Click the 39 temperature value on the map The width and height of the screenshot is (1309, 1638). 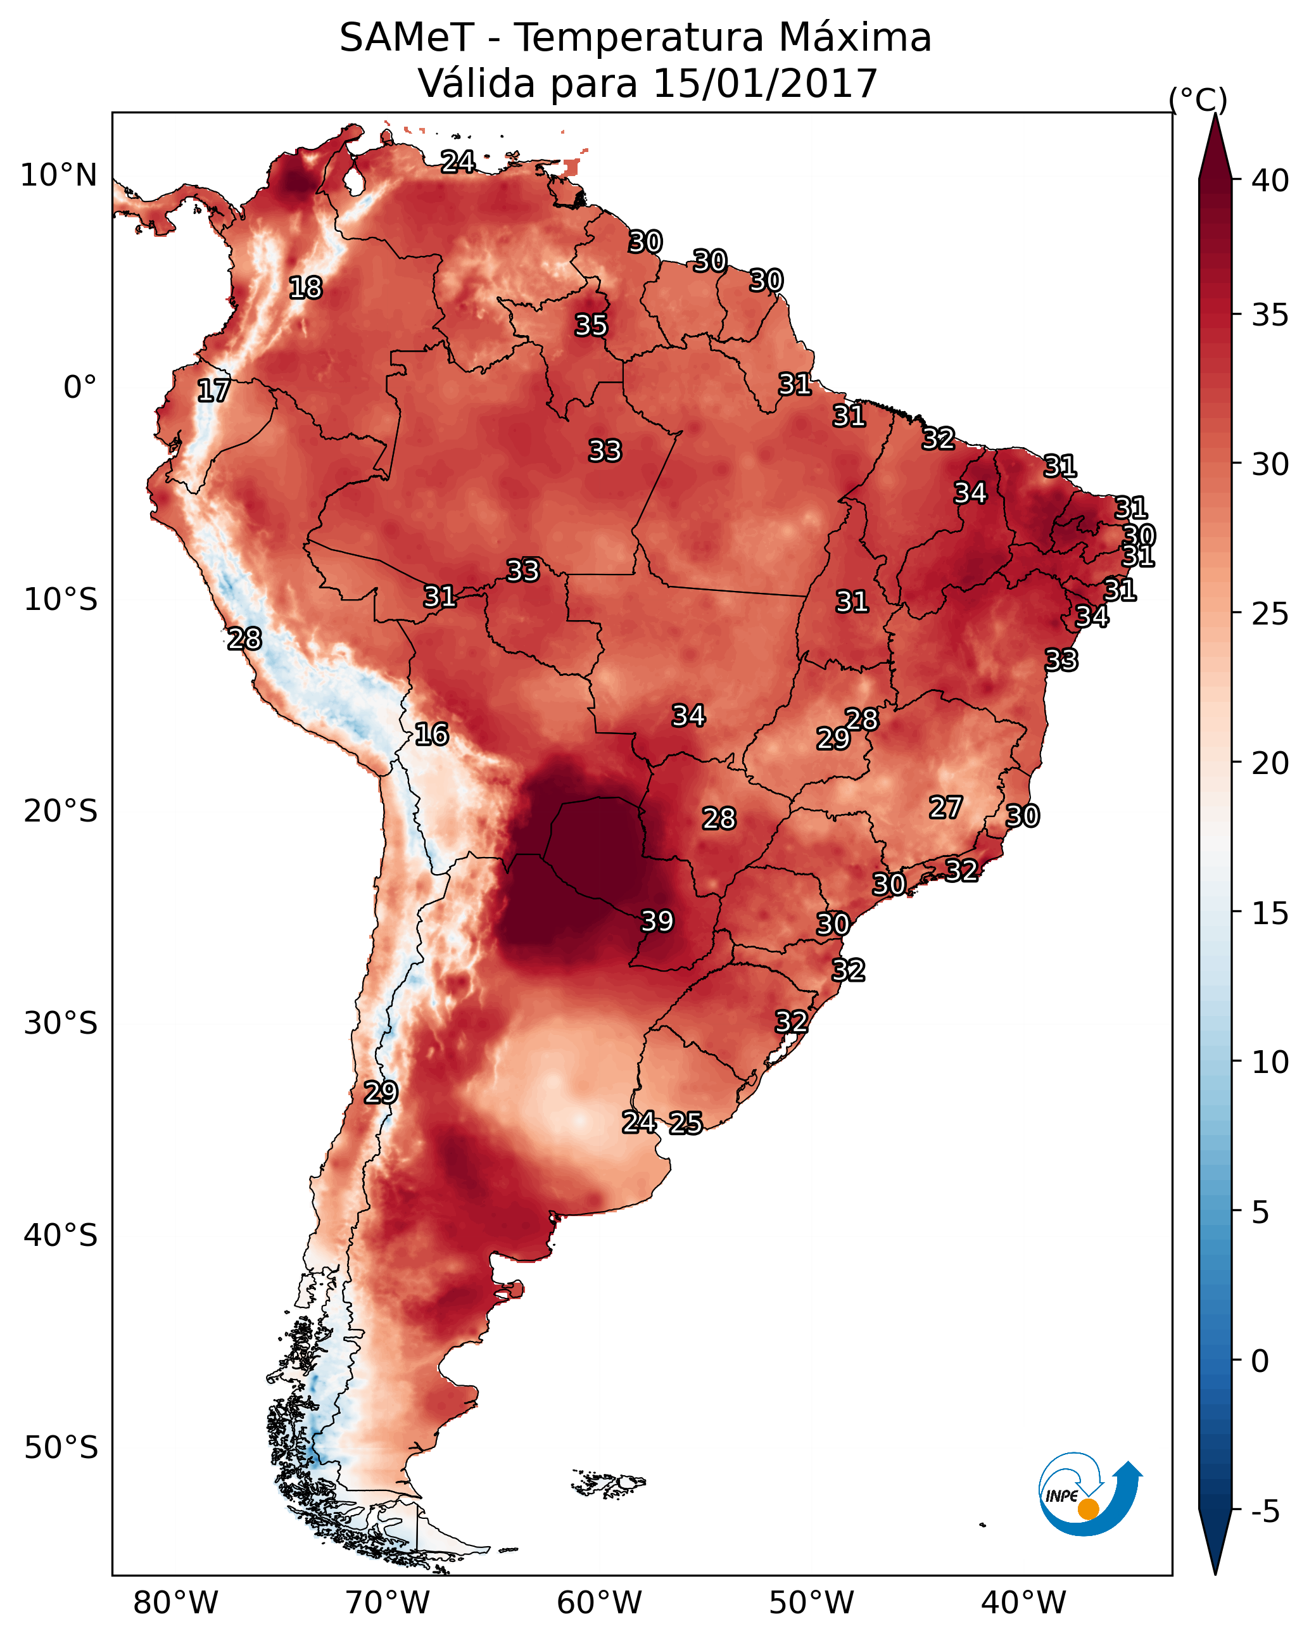point(657,921)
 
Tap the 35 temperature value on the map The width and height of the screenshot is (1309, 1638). point(591,325)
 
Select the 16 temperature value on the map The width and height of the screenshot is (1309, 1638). point(431,734)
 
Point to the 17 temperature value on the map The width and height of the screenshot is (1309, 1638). point(213,391)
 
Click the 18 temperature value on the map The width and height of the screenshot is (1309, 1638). point(305,288)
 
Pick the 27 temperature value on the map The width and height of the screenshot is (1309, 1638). point(946,808)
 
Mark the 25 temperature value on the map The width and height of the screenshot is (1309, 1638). point(686,1122)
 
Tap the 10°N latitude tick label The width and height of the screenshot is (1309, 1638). point(58,175)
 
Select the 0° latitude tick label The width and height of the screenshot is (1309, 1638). point(80,388)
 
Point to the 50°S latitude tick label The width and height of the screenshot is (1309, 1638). point(61,1448)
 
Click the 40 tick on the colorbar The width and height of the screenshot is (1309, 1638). point(1270,181)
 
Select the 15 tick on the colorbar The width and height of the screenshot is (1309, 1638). point(1270,913)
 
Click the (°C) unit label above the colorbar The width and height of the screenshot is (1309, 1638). point(1198,99)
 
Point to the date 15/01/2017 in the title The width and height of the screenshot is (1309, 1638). point(765,83)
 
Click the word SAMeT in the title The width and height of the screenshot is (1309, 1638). point(407,37)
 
